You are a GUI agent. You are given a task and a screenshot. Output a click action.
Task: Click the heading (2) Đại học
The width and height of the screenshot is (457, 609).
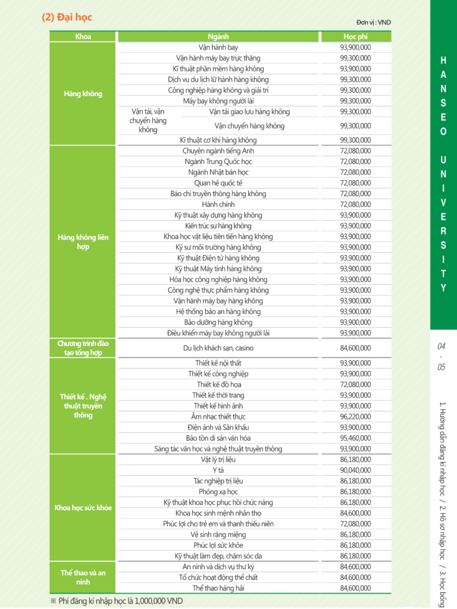coord(67,17)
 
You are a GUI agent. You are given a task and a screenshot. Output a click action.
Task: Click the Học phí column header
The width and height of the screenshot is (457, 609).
coord(355,37)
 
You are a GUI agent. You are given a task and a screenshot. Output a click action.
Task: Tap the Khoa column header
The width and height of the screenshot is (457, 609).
coord(83,37)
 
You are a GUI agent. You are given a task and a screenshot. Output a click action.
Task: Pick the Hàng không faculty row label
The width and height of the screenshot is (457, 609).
coord(83,94)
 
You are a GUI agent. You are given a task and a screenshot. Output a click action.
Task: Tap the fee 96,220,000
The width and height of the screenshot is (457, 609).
coord(355,417)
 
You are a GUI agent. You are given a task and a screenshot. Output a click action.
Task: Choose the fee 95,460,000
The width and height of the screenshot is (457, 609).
coord(355,438)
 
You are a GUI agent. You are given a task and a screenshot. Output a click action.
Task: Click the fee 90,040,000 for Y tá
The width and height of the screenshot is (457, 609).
coord(355,470)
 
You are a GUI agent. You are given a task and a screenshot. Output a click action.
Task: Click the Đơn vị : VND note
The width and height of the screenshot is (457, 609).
coord(374,23)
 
